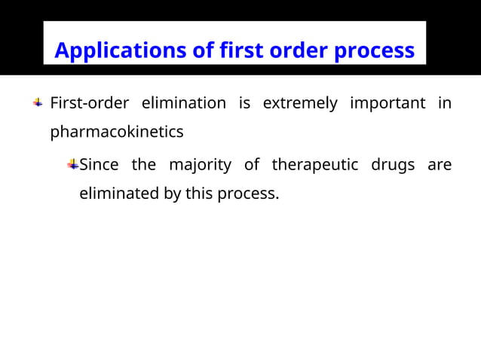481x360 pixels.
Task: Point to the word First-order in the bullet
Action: coord(89,103)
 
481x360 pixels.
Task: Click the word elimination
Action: coord(184,103)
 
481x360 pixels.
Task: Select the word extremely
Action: coord(300,103)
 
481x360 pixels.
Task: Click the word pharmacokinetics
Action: coord(117,133)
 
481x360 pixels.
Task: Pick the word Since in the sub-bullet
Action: coord(99,164)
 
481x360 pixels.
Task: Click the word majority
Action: coord(200,165)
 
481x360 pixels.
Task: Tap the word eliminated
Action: coord(119,194)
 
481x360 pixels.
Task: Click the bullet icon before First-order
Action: coord(38,102)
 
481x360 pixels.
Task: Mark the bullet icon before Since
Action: coord(73,163)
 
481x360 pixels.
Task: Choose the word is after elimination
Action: coord(244,103)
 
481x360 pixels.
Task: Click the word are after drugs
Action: coord(440,165)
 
